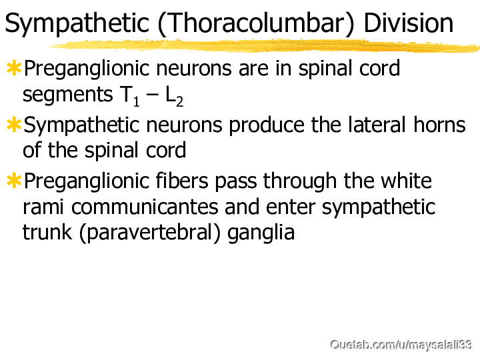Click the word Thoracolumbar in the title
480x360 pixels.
tap(255, 23)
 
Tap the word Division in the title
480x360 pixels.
tap(409, 23)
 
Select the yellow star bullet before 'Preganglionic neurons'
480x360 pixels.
tap(14, 68)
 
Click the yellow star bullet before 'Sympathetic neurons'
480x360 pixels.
tap(14, 125)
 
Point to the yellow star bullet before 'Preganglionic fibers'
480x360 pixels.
tap(14, 181)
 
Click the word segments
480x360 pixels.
tap(68, 95)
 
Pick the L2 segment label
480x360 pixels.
tap(174, 96)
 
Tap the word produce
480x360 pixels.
tap(267, 125)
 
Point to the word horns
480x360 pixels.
tap(439, 124)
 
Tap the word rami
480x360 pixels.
tap(43, 207)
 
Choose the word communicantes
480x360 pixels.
tap(145, 207)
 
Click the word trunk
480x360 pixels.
tap(47, 233)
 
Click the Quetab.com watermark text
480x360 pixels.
tap(401, 345)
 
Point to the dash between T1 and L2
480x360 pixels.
tap(153, 95)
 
